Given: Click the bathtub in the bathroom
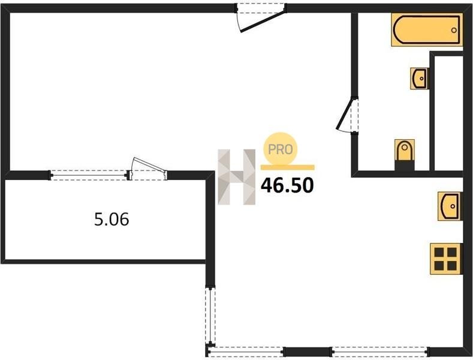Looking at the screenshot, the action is pos(427,29).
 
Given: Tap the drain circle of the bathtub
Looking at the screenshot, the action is pos(454,30).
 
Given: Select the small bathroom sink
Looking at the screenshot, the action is pos(419,79).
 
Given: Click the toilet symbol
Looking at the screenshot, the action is pos(405,155).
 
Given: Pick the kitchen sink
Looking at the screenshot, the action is pos(450,206).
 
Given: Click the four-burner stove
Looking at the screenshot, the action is pos(446,259).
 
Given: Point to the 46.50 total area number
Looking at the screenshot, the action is pos(287,185).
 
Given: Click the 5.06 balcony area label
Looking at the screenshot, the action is pos(112,219).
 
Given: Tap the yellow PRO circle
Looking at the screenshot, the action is pos(281,149).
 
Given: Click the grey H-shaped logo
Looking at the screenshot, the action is pos(236,177).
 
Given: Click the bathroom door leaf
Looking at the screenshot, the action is pos(345,113).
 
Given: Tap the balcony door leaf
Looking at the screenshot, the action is pos(149,164).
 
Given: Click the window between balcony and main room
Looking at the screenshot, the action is pos(88,175).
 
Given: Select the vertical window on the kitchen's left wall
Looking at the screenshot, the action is pos(210,316).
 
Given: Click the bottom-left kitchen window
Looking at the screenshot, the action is pos(246,352).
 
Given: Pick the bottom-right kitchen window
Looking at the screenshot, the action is pos(380,352).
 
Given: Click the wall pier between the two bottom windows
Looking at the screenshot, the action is pos(308,352).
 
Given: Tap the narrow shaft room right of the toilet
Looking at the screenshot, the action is pos(448,113).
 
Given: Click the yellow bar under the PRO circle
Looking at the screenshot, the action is pos(288,167).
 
